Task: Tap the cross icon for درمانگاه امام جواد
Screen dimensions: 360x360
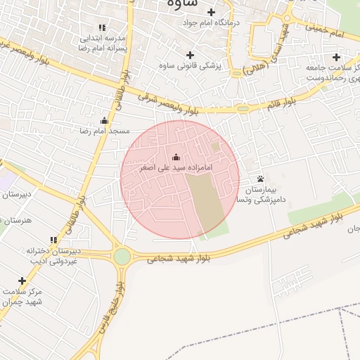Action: [211, 12]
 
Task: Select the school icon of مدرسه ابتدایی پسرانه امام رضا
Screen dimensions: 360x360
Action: [103, 27]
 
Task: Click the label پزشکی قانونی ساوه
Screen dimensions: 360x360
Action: [189, 65]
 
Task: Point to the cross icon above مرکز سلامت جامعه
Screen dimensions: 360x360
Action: [336, 56]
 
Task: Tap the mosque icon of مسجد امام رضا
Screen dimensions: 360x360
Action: [105, 120]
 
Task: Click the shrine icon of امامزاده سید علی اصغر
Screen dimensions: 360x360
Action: [175, 157]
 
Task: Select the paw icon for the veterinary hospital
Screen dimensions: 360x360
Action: [261, 179]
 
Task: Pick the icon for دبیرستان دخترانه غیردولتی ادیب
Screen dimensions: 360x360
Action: [53, 240]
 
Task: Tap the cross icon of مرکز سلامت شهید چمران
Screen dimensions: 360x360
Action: [22, 281]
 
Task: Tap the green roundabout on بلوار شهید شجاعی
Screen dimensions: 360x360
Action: [122, 257]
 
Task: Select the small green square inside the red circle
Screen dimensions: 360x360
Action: [215, 146]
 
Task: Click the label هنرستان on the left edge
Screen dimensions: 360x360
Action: [18, 221]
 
